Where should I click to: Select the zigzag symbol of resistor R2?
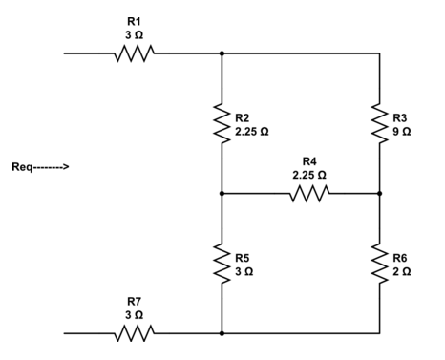[x=222, y=123]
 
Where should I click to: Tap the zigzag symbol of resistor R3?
[x=380, y=123]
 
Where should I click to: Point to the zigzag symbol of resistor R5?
[x=222, y=264]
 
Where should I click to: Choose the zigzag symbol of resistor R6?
[x=380, y=264]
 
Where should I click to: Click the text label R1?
[x=134, y=20]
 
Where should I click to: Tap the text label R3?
[x=400, y=117]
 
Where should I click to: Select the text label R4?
[x=308, y=162]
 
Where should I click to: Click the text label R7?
[x=134, y=300]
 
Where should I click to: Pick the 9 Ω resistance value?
[x=400, y=130]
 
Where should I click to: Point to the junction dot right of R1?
[x=222, y=53]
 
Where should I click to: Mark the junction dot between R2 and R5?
[x=222, y=193]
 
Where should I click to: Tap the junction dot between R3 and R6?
[x=380, y=193]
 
